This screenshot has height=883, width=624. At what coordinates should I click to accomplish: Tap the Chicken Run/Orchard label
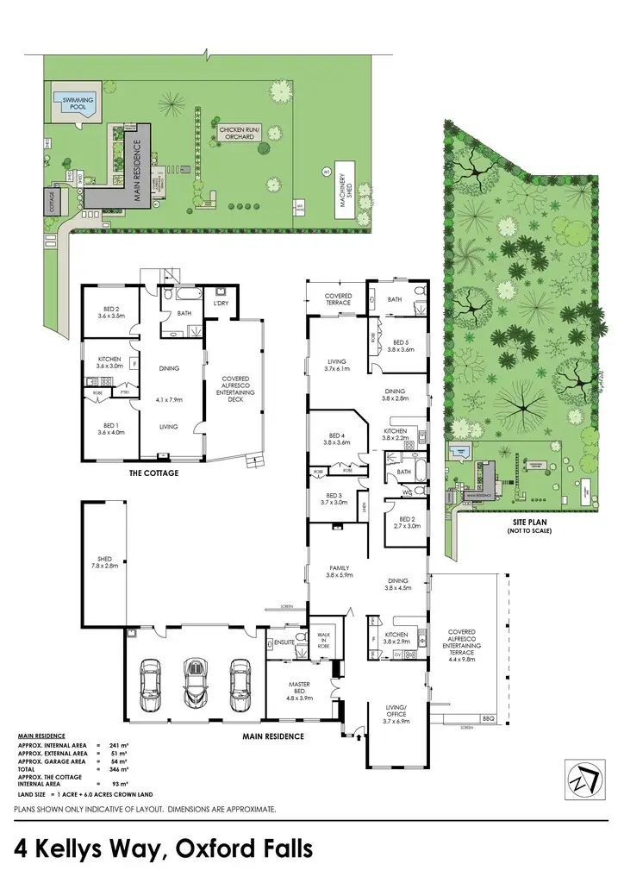[236, 132]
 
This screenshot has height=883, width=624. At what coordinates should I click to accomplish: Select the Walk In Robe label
[325, 640]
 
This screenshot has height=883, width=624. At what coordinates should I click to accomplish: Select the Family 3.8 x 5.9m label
[338, 572]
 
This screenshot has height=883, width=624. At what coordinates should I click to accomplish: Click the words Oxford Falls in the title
[245, 849]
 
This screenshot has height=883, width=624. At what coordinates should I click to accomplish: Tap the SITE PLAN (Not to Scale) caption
[530, 527]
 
